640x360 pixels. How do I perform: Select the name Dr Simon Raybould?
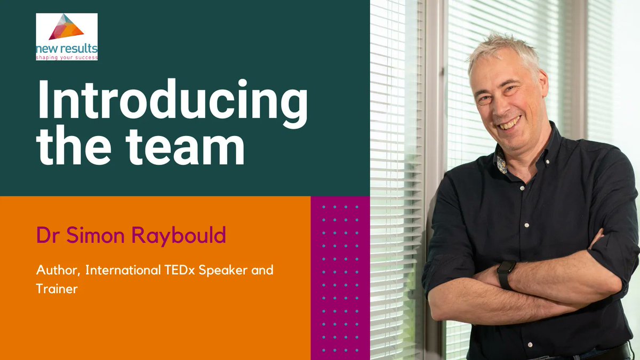point(131,235)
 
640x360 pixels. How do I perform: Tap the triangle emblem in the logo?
point(66,27)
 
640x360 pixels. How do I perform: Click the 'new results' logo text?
point(66,49)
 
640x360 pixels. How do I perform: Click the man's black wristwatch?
point(506,274)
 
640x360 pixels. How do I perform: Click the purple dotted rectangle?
point(340,277)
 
